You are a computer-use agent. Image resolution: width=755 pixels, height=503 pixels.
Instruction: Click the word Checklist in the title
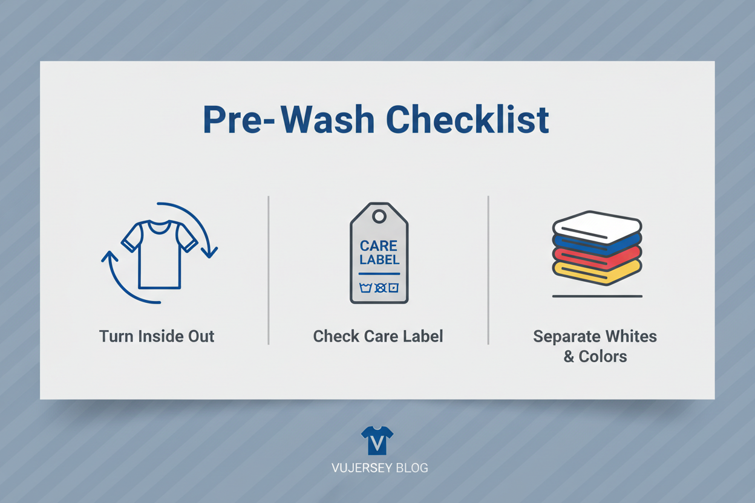pos(468,120)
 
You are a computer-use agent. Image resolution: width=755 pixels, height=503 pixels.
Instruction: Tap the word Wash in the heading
pos(327,120)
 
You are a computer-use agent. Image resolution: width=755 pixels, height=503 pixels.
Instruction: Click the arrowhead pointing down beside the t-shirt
pos(209,251)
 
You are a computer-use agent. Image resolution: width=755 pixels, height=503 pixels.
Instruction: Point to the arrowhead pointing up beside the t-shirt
pos(109,257)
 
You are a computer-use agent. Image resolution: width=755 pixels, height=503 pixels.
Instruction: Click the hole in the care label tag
pos(379,216)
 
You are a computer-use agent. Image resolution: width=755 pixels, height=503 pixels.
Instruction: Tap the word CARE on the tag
pos(379,246)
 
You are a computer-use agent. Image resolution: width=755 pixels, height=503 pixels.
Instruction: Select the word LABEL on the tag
pos(379,260)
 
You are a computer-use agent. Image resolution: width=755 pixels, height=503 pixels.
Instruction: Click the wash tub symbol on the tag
pos(365,288)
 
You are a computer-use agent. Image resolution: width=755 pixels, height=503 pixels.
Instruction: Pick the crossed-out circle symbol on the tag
pos(381,288)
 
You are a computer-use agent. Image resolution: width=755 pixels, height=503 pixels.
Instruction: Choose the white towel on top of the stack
pos(597,227)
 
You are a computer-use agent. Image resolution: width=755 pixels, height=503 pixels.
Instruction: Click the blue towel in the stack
pos(597,244)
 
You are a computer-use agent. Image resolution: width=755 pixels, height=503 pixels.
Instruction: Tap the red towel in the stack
pos(597,258)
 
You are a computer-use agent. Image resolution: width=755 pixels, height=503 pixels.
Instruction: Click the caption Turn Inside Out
pos(157,336)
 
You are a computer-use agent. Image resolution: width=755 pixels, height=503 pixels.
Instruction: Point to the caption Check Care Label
pos(378,336)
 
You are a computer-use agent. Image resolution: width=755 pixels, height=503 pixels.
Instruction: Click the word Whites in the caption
pos(632,336)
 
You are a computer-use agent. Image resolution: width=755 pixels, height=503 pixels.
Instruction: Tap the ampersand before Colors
pos(569,357)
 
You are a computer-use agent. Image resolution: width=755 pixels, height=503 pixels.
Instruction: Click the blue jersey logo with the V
pos(377,440)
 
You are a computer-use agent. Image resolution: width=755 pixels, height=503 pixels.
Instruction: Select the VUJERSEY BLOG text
pos(380,468)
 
